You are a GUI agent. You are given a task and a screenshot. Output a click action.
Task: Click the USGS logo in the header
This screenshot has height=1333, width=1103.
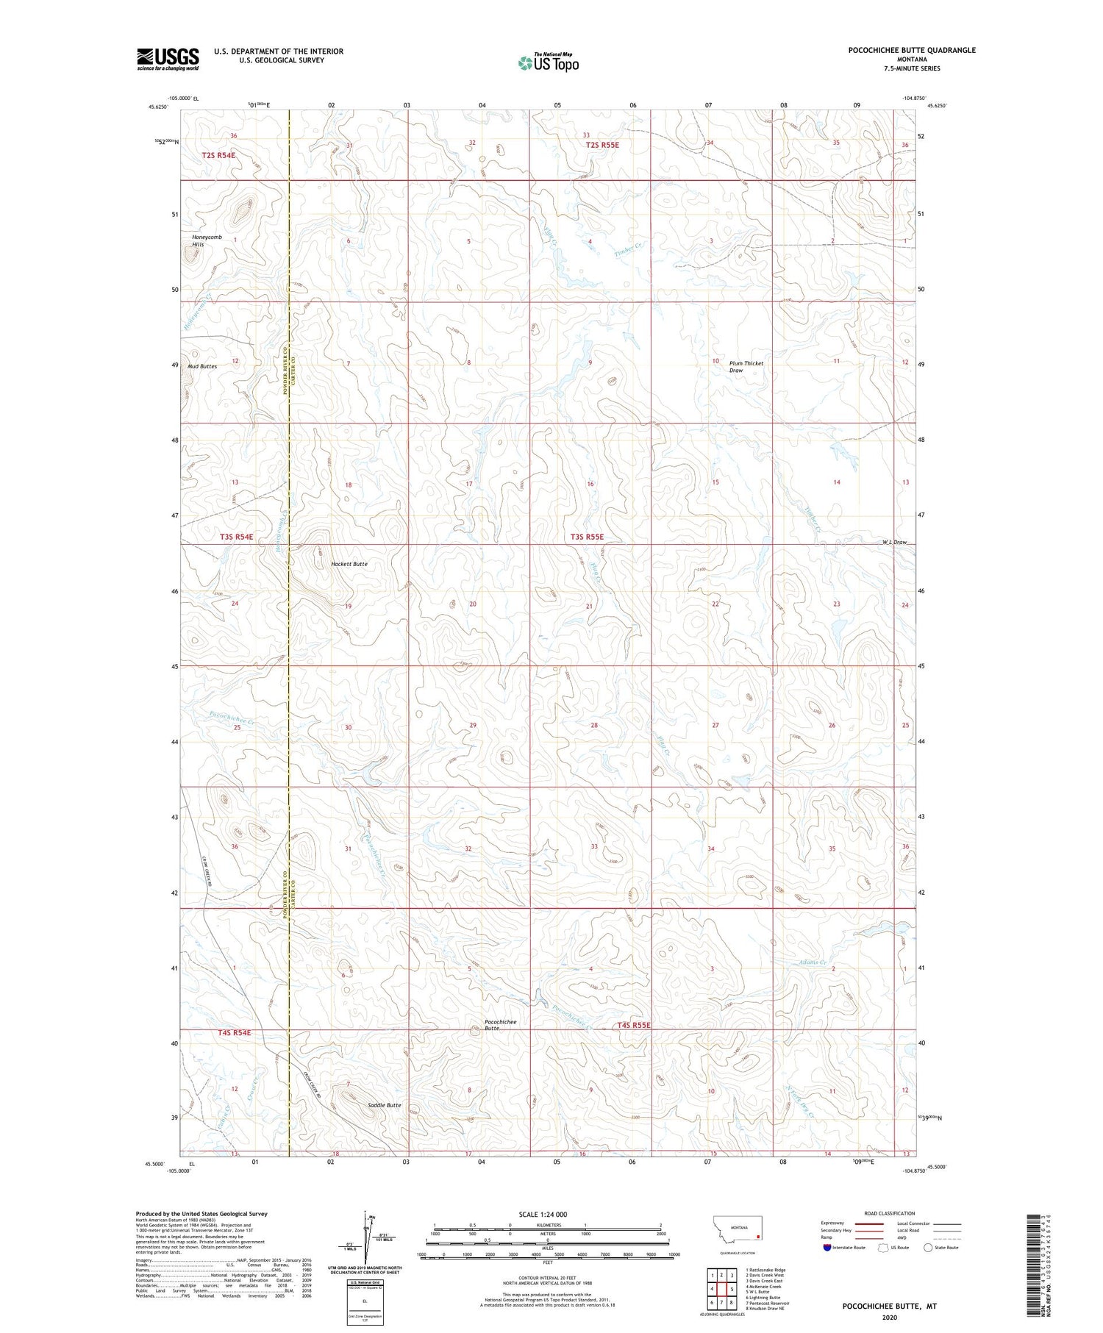pos(168,59)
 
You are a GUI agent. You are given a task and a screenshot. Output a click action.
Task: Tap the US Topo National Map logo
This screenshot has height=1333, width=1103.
pos(548,62)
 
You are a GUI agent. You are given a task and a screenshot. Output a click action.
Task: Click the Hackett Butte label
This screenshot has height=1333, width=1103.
pos(349,564)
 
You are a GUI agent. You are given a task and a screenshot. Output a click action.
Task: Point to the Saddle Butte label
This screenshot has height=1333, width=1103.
pos(385,1106)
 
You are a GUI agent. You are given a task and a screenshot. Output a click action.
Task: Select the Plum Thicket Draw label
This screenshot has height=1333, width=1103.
pos(746,367)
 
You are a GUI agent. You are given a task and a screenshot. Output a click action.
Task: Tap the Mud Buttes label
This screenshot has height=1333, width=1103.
pos(202,366)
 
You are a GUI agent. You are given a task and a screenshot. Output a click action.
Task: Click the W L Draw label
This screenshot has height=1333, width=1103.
pos(895,543)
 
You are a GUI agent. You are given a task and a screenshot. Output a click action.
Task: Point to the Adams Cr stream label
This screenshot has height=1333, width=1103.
pos(813,962)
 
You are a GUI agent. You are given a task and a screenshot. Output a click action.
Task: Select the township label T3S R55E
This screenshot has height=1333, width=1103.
pos(587,537)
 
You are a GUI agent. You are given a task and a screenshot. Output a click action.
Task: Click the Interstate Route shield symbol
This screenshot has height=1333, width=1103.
pos(827,1248)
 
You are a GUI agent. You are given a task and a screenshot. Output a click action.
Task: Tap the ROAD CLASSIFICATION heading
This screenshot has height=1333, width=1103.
pos(890,1214)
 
